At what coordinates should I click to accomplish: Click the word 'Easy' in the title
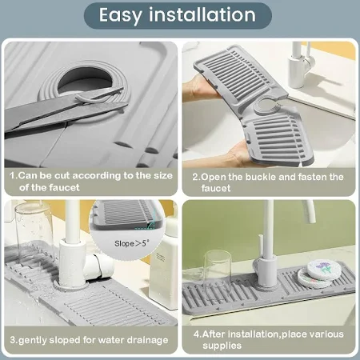click(x=121, y=15)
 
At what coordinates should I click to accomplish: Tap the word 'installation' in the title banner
click(x=202, y=14)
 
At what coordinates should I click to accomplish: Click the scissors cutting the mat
click(x=64, y=109)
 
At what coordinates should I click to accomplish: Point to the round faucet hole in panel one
click(x=84, y=79)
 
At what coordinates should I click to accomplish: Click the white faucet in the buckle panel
click(x=302, y=65)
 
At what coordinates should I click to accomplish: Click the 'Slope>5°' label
click(x=132, y=243)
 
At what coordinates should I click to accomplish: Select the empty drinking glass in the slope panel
click(x=34, y=230)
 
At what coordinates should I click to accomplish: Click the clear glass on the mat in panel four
click(x=217, y=268)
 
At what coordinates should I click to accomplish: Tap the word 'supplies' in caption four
click(x=222, y=346)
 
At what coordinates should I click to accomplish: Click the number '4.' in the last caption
click(x=198, y=334)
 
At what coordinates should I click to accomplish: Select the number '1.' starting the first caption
click(x=14, y=176)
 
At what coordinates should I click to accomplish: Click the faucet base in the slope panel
click(x=70, y=286)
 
